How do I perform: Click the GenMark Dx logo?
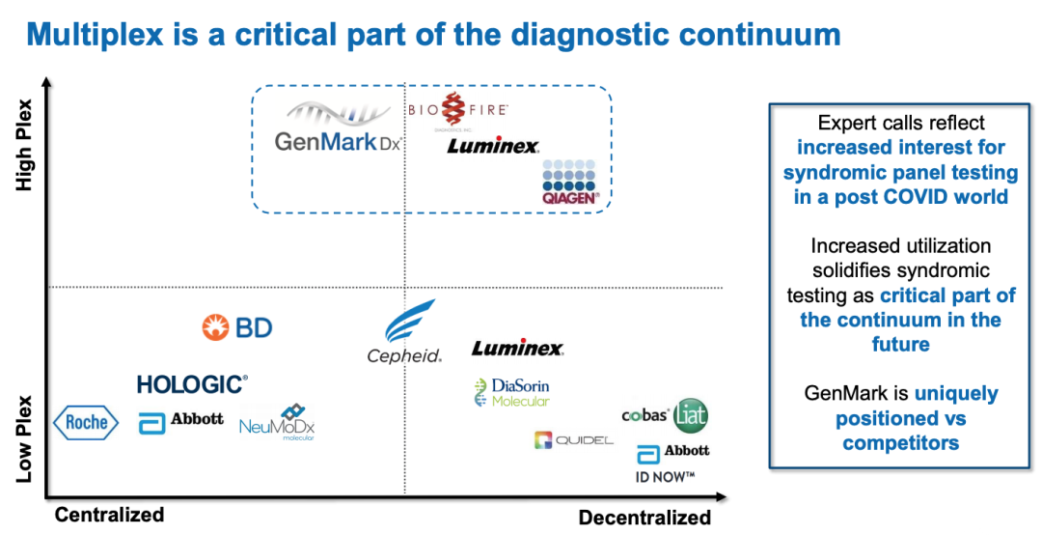[x=337, y=130]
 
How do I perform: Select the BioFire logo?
[x=458, y=113]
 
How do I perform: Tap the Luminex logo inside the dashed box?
[x=492, y=147]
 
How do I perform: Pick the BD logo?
[x=237, y=327]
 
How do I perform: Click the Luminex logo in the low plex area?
[x=517, y=349]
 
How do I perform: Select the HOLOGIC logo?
[x=192, y=384]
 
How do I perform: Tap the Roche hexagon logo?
[x=86, y=422]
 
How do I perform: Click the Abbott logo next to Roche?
[x=180, y=421]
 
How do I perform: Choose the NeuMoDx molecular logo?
[x=278, y=423]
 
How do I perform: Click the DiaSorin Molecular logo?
[x=512, y=392]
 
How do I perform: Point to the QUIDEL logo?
[x=573, y=440]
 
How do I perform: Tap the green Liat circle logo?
[x=691, y=414]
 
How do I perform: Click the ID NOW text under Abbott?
[x=665, y=477]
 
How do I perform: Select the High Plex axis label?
[x=23, y=145]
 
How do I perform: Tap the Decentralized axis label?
[x=644, y=518]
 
